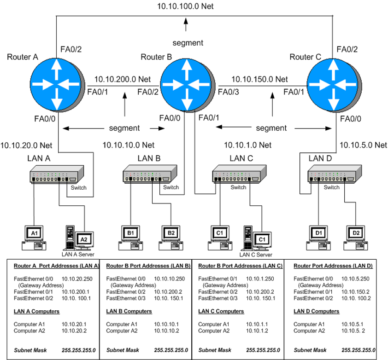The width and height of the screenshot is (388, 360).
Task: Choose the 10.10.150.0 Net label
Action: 259,79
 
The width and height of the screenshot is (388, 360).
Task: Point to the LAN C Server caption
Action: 256,254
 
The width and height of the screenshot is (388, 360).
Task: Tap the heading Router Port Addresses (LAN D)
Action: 333,266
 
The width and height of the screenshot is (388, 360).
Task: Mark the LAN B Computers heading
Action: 129,312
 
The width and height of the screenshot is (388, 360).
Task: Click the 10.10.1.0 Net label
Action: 247,145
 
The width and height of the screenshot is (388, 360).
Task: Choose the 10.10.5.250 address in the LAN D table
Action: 356,279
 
